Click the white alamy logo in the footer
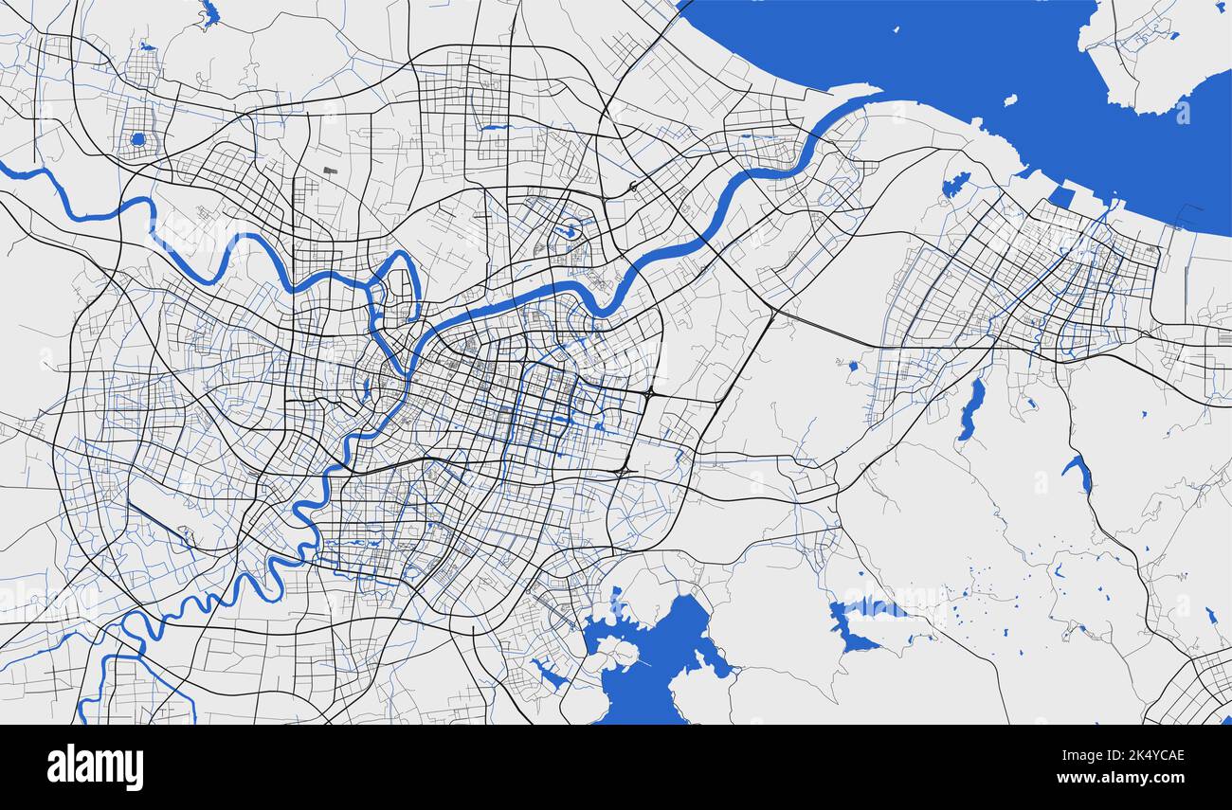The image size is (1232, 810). coord(96,766)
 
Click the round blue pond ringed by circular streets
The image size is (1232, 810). coord(138,139)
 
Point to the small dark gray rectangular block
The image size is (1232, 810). coord(330,171)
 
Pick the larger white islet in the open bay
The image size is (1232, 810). coord(1010,99)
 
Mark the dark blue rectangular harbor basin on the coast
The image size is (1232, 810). coord(1060,197)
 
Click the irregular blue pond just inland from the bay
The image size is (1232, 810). coord(953,185)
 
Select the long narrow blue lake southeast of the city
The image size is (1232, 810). coord(970,408)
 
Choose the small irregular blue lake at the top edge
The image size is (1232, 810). coord(209,13)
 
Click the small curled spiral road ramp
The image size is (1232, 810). coord(633,188)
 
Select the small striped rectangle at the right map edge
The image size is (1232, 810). coord(1223,337)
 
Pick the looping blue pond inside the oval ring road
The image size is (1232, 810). coord(571,229)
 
